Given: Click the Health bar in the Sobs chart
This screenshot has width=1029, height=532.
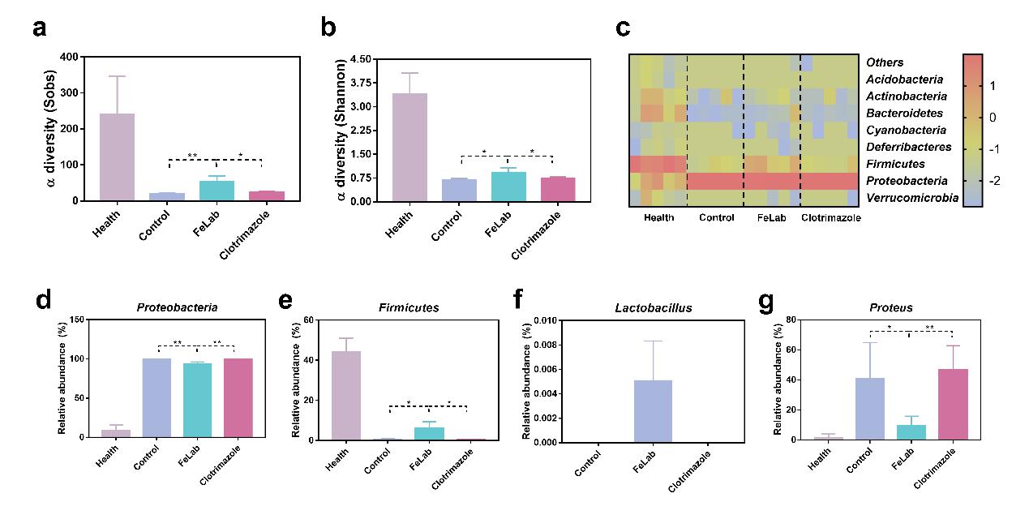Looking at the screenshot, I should click(x=117, y=157).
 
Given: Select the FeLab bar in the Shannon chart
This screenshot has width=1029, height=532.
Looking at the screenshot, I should click(x=508, y=187).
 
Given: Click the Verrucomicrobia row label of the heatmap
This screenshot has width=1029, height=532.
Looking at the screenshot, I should click(x=911, y=198).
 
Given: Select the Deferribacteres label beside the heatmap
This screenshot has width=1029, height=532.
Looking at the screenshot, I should click(x=907, y=148).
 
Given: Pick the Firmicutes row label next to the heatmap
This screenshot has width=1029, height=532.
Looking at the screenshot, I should click(x=900, y=165).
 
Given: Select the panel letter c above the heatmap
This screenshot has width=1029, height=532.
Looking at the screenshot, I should click(x=623, y=28).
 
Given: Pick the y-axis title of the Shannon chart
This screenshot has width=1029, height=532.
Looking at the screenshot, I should click(x=341, y=129).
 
